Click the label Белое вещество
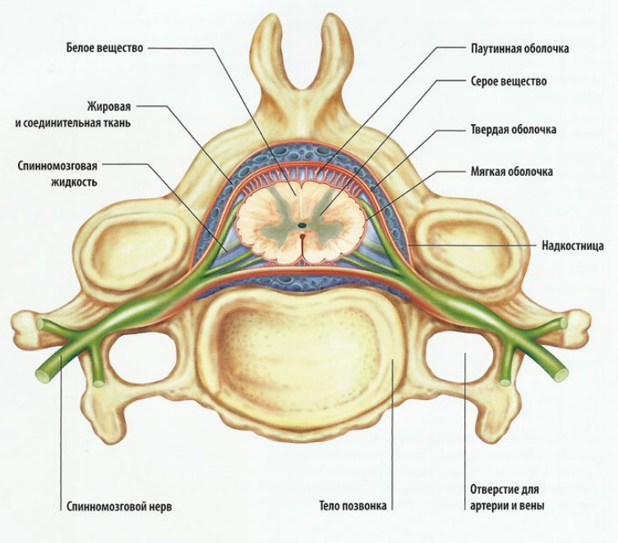click(x=104, y=48)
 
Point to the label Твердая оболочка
click(x=514, y=130)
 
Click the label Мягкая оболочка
click(x=511, y=172)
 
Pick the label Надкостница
click(x=573, y=245)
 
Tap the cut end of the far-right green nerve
click(x=560, y=374)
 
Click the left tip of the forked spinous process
click(x=271, y=29)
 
